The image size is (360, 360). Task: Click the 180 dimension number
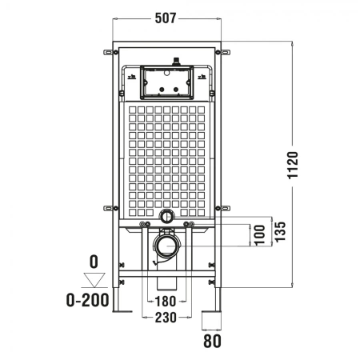click(166, 302)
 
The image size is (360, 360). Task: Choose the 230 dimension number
click(166, 318)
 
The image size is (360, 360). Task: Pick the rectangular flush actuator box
click(166, 80)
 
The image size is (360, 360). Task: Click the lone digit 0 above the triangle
click(94, 261)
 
